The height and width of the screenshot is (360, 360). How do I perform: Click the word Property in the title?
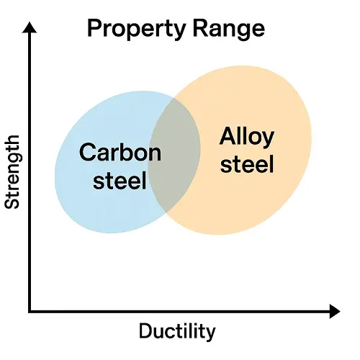(x=136, y=30)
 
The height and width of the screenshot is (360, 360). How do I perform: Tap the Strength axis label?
(x=12, y=172)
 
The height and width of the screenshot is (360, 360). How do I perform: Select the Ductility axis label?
(x=177, y=332)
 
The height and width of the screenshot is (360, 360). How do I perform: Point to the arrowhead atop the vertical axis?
(x=30, y=27)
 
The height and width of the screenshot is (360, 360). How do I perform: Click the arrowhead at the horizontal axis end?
(x=335, y=311)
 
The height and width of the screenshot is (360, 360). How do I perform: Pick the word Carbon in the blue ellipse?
(x=120, y=152)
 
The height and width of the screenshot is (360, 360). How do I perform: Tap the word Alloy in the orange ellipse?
(x=247, y=137)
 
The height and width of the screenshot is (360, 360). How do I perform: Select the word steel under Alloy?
(x=247, y=163)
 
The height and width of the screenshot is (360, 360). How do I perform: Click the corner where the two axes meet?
(x=30, y=311)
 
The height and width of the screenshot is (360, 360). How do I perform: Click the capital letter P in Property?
(x=94, y=29)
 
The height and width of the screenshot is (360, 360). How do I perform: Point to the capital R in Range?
(x=200, y=29)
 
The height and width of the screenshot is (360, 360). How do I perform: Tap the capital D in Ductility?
(x=145, y=330)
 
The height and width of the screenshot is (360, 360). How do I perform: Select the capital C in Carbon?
(x=87, y=152)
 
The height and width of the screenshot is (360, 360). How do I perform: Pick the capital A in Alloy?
(x=227, y=135)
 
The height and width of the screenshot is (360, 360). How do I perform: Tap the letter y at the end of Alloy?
(x=269, y=140)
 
